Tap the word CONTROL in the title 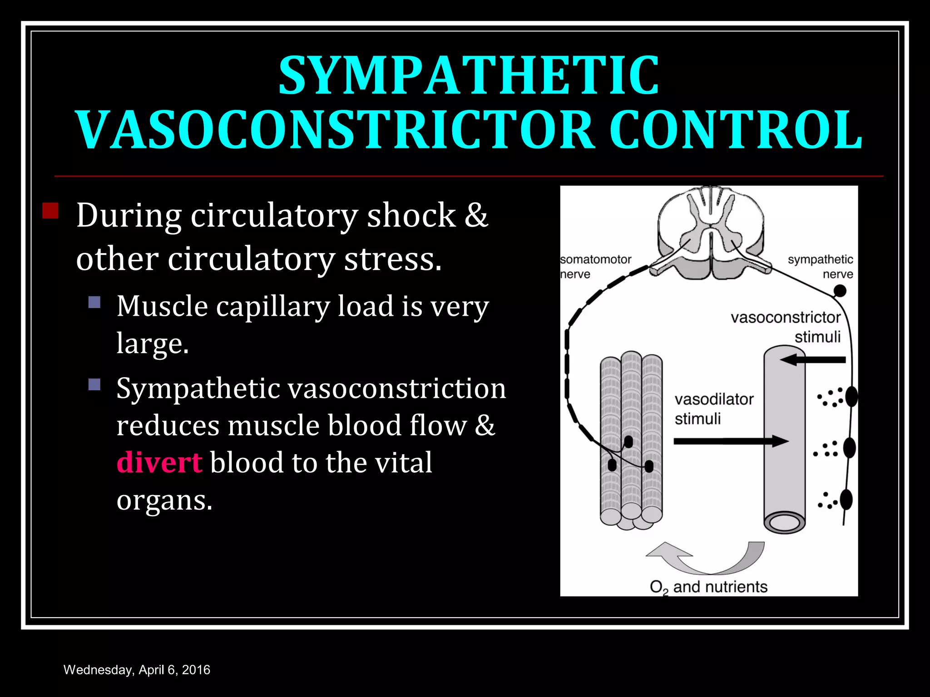click(735, 130)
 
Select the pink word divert click(159, 462)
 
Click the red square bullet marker click(50, 211)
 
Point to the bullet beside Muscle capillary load click(94, 302)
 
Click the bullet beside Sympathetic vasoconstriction click(94, 385)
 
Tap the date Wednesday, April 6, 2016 click(137, 670)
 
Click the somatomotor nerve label click(595, 267)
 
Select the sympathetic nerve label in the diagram click(820, 267)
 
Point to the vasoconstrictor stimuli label click(786, 327)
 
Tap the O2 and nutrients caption click(708, 587)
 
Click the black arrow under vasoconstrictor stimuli click(813, 360)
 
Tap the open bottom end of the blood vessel click(784, 523)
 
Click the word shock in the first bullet click(411, 215)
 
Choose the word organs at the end click(164, 501)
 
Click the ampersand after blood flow click(485, 425)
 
